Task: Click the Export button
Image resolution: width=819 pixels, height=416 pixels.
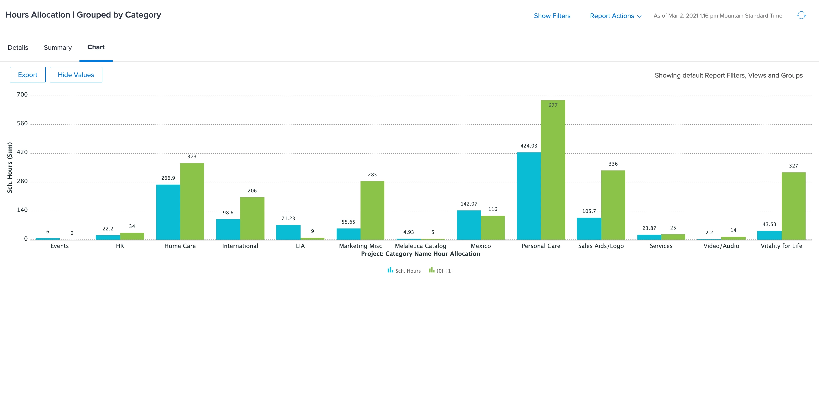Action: [x=28, y=75]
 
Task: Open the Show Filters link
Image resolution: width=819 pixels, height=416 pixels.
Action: [x=552, y=16]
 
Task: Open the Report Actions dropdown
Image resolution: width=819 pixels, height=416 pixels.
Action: [x=615, y=16]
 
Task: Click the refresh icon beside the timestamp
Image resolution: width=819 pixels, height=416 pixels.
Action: [x=801, y=15]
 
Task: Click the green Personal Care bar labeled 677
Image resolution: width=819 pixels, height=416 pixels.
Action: [x=553, y=170]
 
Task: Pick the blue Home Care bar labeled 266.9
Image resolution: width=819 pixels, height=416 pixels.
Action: [x=168, y=212]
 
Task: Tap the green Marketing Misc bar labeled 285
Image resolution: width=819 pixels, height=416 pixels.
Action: [x=372, y=210]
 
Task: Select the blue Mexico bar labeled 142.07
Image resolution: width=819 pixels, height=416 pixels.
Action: [x=469, y=225]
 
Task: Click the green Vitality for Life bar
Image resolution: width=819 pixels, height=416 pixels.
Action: [x=794, y=206]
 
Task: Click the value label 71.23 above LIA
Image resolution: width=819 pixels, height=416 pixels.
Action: [x=288, y=218]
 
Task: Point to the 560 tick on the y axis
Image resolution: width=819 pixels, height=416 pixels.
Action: [x=22, y=123]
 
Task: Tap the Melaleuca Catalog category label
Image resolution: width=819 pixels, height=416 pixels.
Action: [x=420, y=246]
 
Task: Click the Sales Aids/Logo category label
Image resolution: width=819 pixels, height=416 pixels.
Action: [x=601, y=246]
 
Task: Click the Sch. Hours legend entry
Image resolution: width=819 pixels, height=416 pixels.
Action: [x=404, y=271]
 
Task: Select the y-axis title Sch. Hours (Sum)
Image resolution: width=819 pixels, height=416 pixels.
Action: [x=10, y=167]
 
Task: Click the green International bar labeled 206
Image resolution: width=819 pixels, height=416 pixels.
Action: [x=252, y=218]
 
